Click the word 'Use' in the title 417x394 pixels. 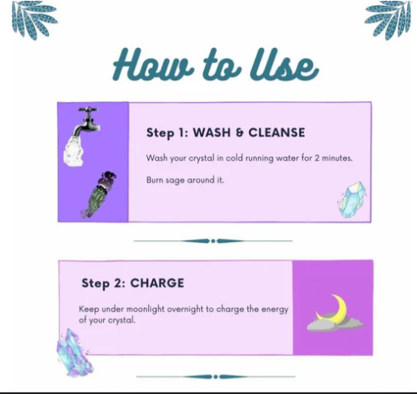(x=284, y=64)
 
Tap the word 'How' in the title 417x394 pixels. (x=153, y=64)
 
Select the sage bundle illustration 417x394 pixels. (x=98, y=194)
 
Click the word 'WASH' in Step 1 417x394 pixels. (x=211, y=132)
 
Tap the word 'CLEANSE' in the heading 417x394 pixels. (x=276, y=132)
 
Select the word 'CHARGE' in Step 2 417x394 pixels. (x=157, y=284)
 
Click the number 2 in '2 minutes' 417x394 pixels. (x=317, y=158)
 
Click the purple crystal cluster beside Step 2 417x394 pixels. (x=74, y=353)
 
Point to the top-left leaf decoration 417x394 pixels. (x=34, y=19)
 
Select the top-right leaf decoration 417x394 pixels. (x=388, y=19)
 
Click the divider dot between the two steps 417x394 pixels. (x=213, y=240)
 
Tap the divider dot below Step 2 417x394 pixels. (x=215, y=377)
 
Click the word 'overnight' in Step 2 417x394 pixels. (x=185, y=310)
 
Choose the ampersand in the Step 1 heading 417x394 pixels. (x=240, y=133)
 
